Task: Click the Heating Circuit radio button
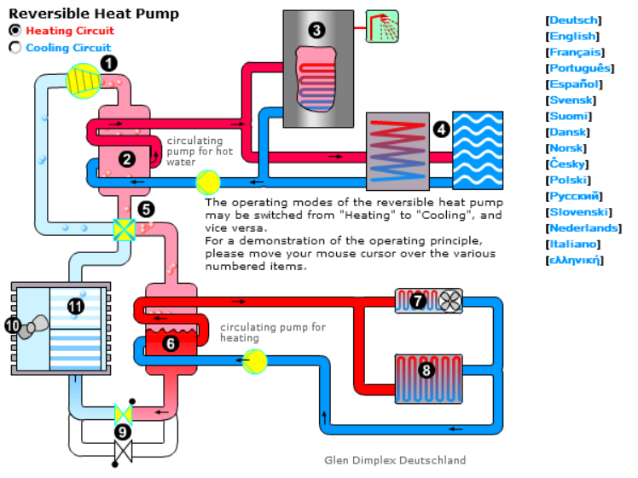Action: click(x=14, y=30)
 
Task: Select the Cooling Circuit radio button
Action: click(x=14, y=48)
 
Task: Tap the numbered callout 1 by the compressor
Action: click(x=108, y=62)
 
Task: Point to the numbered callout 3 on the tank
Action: click(x=317, y=31)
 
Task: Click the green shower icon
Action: click(x=381, y=26)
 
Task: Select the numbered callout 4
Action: click(x=441, y=130)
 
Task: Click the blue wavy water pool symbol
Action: click(x=477, y=150)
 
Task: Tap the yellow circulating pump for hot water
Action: click(x=208, y=182)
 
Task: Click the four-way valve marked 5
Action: click(x=125, y=229)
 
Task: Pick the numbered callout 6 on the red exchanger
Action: click(x=169, y=343)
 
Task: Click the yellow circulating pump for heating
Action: click(x=254, y=360)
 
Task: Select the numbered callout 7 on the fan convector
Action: click(x=418, y=300)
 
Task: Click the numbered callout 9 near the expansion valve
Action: click(x=123, y=432)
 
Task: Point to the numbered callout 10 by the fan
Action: click(x=13, y=325)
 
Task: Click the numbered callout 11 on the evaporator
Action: click(x=76, y=306)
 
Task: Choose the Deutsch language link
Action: click(x=574, y=20)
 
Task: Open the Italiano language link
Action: click(x=575, y=244)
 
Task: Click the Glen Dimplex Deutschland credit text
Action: click(x=395, y=460)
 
